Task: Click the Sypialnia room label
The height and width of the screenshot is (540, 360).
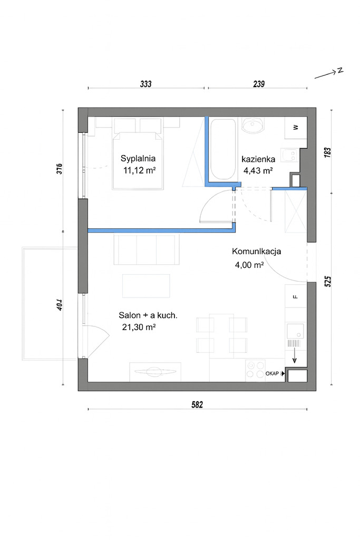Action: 138,158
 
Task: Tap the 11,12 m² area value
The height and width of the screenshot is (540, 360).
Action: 140,170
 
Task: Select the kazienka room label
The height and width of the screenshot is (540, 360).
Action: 258,159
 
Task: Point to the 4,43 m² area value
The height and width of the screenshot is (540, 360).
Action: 258,170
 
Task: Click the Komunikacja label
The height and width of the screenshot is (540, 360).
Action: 256,252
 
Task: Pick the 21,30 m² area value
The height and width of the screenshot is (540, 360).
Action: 139,327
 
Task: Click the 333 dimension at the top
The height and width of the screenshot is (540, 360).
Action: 145,84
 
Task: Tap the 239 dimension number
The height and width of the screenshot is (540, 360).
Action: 259,84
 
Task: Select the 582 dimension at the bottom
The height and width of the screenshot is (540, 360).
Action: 197,404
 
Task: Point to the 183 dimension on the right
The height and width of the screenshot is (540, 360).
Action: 327,152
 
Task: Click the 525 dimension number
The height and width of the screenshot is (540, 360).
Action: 327,282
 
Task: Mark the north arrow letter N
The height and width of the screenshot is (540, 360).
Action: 340,71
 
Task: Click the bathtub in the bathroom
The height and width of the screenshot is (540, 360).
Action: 222,149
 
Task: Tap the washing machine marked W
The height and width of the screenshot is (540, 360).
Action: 296,128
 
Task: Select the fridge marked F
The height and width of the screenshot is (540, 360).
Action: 296,296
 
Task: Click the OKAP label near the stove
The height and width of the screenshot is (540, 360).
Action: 272,373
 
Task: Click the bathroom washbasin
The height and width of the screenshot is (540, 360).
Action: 253,126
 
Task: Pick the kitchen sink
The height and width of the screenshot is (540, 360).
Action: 295,331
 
